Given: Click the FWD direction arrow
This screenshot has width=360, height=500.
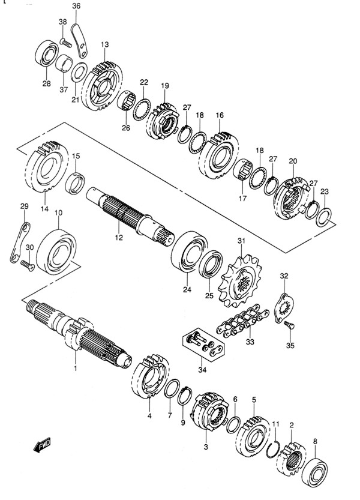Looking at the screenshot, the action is (x=42, y=445).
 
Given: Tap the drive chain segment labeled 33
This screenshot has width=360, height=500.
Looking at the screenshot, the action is (x=242, y=321).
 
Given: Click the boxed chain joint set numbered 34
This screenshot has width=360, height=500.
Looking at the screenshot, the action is (x=203, y=346).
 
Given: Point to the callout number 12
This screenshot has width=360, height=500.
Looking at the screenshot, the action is (x=119, y=238).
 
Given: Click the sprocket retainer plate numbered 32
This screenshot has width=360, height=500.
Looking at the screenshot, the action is (x=285, y=309).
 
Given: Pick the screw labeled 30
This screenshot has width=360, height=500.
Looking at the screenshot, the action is (x=27, y=265).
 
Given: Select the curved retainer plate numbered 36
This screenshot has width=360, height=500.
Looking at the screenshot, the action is (x=79, y=41).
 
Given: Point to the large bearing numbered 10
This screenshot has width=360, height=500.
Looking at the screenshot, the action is (x=56, y=252).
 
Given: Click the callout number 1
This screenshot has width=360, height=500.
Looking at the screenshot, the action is (x=76, y=369).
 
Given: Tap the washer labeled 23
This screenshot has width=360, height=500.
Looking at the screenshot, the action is (x=323, y=217).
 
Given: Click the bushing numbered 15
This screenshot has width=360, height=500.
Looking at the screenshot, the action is (x=75, y=183).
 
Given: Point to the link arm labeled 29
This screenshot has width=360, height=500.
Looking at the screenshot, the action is (x=20, y=242).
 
